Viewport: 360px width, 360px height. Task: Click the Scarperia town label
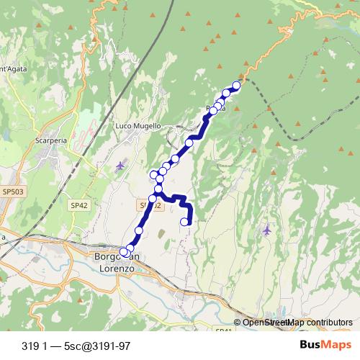click(x=50, y=141)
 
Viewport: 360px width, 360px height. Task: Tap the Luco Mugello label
click(x=138, y=125)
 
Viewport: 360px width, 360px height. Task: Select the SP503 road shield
click(x=12, y=192)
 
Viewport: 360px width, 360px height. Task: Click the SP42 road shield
click(x=78, y=205)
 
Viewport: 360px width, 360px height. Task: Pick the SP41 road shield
click(x=223, y=330)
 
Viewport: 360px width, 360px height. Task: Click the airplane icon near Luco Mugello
click(x=120, y=167)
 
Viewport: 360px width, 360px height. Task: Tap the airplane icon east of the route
click(x=268, y=230)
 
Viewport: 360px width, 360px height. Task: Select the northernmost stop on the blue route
click(x=235, y=86)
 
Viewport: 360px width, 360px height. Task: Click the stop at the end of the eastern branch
click(x=184, y=222)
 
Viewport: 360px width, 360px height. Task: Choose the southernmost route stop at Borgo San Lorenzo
click(x=125, y=253)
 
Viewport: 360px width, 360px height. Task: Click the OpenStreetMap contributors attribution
click(x=297, y=323)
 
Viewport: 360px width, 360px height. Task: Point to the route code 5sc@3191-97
click(x=97, y=346)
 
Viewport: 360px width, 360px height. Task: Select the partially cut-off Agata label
click(x=12, y=69)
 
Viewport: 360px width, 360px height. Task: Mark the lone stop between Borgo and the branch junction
click(x=140, y=230)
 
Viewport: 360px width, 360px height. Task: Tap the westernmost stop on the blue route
click(x=153, y=175)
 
